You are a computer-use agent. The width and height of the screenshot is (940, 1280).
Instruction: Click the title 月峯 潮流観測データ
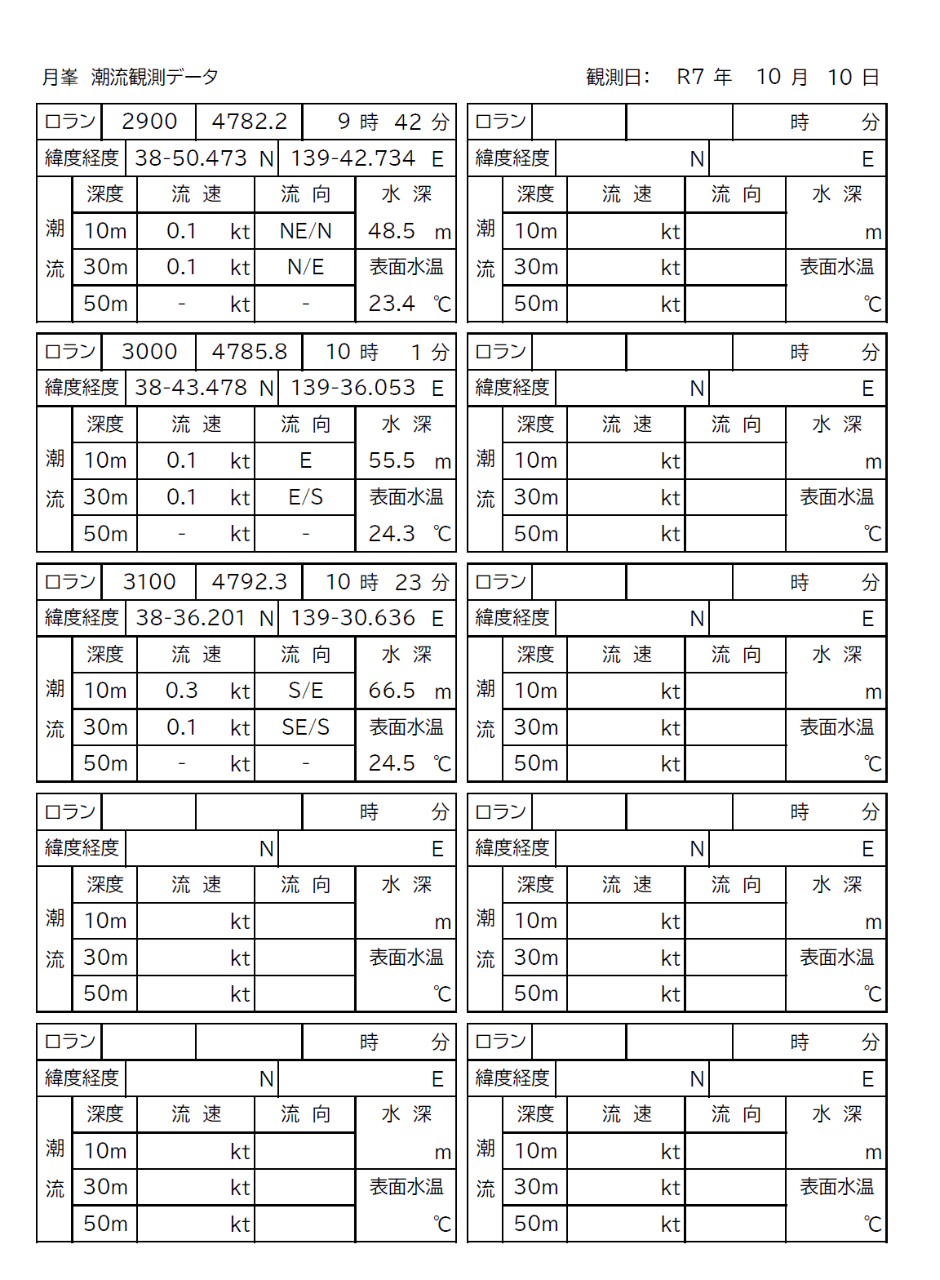(x=131, y=78)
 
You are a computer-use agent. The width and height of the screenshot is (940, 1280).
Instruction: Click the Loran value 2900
(x=149, y=122)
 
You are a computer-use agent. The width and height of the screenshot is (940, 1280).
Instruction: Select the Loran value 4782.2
(x=249, y=122)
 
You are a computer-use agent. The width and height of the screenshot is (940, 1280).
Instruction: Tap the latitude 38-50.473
(x=191, y=158)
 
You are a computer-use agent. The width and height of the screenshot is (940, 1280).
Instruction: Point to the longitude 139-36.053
(x=352, y=388)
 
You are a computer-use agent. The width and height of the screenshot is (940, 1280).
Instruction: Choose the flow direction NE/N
(x=305, y=231)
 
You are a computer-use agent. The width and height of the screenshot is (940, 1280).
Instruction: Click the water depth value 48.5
(x=392, y=231)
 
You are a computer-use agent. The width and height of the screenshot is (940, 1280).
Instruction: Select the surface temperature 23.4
(x=392, y=304)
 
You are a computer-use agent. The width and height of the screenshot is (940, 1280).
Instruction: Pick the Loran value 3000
(x=149, y=352)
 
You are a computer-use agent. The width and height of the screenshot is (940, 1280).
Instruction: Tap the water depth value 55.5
(x=392, y=460)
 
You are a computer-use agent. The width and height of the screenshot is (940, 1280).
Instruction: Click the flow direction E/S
(x=305, y=497)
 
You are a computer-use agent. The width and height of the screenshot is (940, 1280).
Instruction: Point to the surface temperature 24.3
(x=392, y=534)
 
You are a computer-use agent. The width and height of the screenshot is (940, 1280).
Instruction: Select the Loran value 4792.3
(x=249, y=582)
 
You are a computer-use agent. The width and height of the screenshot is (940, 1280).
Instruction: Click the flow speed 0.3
(x=181, y=691)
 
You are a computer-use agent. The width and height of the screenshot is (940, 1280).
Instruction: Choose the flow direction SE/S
(x=305, y=727)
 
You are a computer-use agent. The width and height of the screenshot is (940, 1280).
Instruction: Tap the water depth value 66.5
(x=392, y=691)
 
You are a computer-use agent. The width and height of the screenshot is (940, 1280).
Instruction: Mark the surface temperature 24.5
(x=392, y=763)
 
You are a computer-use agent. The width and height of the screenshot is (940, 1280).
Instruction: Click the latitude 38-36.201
(x=191, y=618)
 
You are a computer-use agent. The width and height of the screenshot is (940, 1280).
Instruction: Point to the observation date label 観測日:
(x=618, y=78)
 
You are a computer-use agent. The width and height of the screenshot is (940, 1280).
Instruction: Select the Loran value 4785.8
(x=249, y=352)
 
